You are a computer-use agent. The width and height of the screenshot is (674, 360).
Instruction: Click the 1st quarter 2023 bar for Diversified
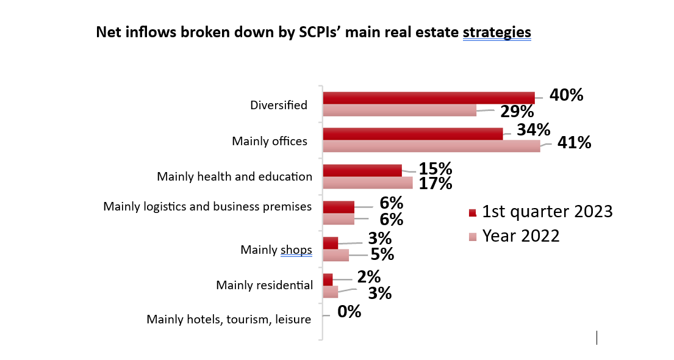(x=428, y=98)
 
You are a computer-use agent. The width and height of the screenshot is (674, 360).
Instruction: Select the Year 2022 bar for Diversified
(x=399, y=110)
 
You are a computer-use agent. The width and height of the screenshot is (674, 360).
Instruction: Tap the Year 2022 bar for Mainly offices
(x=431, y=146)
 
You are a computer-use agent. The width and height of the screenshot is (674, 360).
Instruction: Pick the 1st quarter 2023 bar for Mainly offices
(x=412, y=134)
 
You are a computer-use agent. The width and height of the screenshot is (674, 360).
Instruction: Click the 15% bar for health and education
(x=362, y=170)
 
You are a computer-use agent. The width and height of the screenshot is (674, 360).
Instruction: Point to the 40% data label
(x=566, y=95)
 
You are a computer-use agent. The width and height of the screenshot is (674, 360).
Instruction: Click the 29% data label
(x=517, y=112)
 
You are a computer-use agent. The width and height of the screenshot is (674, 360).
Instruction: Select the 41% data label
(x=574, y=143)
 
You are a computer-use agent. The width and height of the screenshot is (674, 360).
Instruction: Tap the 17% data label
(x=435, y=183)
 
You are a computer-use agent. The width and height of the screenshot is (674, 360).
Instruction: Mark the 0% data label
(x=350, y=312)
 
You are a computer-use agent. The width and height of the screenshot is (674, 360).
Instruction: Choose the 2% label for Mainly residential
(x=369, y=276)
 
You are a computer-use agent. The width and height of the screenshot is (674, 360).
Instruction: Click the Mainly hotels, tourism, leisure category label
(x=229, y=319)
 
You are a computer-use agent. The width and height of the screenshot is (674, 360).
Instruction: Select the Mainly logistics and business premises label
(x=207, y=206)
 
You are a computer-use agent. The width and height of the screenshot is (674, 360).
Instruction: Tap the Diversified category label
(x=279, y=105)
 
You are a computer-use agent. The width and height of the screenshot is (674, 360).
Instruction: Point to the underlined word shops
(x=296, y=250)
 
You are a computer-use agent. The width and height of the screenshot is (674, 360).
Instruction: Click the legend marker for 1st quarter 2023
(x=471, y=212)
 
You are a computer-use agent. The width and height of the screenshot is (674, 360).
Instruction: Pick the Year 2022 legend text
(x=521, y=236)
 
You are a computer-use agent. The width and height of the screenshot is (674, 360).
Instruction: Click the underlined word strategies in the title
(x=497, y=32)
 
